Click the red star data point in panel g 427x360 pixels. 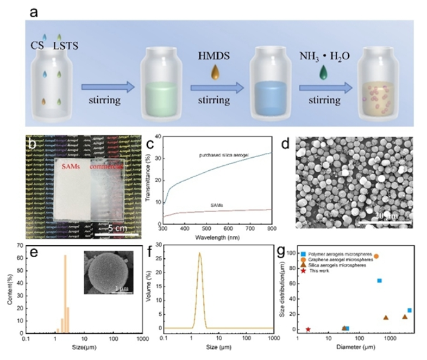(308, 329)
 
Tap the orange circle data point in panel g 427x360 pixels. (376, 256)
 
